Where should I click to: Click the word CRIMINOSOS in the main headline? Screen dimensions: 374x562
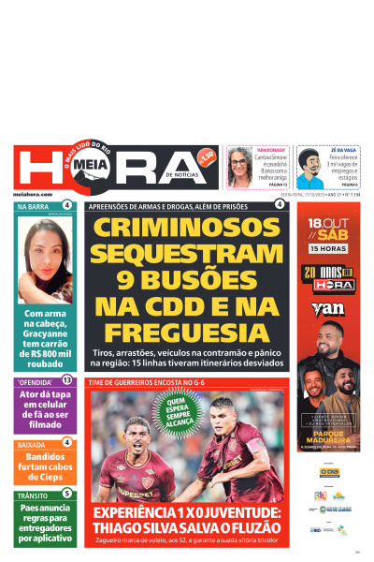click(189, 228)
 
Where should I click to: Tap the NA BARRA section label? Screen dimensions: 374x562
click(33, 205)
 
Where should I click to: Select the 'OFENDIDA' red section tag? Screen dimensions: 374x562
click(35, 381)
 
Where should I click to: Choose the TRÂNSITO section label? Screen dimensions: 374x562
click(33, 495)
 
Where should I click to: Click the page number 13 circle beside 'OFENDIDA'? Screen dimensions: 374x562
click(67, 380)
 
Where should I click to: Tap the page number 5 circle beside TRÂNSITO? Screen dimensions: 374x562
click(67, 494)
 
